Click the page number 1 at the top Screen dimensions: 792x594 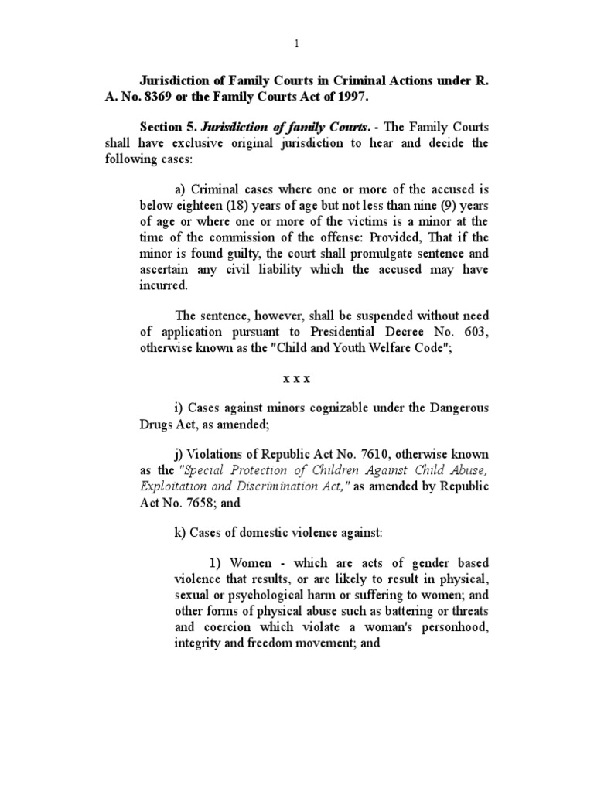[x=297, y=44]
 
